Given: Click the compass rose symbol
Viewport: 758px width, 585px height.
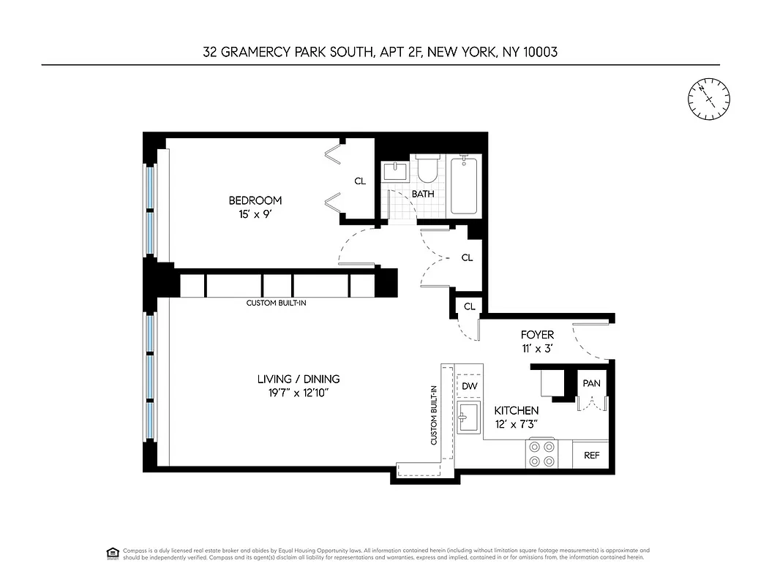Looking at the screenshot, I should [x=708, y=98].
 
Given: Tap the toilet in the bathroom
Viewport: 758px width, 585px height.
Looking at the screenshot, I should [x=427, y=171].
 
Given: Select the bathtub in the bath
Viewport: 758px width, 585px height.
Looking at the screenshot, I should [x=465, y=185].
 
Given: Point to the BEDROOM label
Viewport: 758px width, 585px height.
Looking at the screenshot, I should [x=255, y=200].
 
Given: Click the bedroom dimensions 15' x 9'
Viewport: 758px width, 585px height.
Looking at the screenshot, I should [x=255, y=214].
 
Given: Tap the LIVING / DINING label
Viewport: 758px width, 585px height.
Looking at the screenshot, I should [x=299, y=379].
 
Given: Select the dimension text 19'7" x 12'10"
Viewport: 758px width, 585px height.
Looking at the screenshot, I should [x=299, y=393].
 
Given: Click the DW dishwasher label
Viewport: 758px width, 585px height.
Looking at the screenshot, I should [x=469, y=386].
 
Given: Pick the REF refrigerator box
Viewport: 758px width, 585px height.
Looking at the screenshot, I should [x=591, y=455].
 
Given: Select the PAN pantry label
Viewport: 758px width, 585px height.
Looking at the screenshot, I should [x=591, y=383].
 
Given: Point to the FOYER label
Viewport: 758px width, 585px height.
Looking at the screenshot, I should [x=538, y=335].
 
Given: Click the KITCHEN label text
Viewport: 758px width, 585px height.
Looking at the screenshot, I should [x=516, y=411].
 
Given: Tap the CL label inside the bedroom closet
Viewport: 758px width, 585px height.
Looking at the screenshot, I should [x=359, y=181].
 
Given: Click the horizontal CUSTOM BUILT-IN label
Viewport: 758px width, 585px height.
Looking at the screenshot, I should [x=276, y=302].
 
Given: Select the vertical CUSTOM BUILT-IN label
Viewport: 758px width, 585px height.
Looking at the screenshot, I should [x=434, y=415].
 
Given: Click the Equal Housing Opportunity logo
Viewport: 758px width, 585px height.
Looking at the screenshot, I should [x=113, y=552].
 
